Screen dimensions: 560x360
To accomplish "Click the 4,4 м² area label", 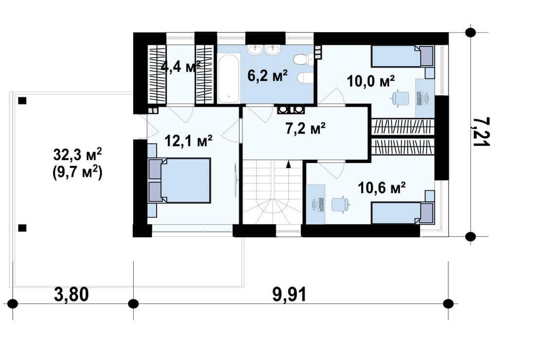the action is click(181, 67).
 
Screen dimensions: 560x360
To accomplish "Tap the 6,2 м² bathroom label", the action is click(267, 76).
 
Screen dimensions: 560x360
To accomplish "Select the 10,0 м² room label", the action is click(371, 81).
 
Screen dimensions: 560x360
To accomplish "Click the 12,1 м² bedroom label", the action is click(189, 141).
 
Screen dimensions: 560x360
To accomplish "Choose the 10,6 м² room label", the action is click(382, 187).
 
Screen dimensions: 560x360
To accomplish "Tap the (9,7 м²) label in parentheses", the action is click(77, 173).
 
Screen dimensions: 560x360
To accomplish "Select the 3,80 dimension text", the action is click(71, 295).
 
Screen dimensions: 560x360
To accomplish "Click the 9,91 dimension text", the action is click(289, 295).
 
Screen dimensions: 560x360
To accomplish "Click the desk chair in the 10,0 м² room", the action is click(401, 98).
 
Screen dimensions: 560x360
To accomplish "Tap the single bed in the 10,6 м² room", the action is click(403, 213).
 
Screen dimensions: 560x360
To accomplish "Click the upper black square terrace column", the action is click(22, 100).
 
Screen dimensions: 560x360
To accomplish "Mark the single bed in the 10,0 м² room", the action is click(403, 56).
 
